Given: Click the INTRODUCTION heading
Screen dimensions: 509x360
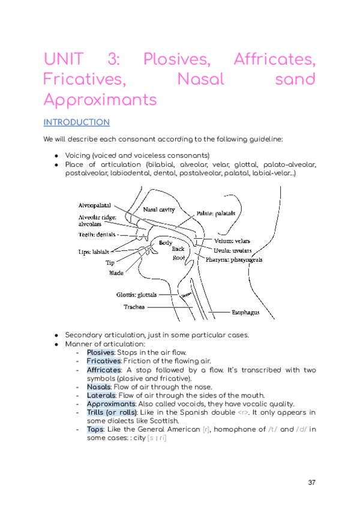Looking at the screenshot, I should (76, 122).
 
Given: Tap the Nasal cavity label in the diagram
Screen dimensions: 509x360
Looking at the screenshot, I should (158, 209).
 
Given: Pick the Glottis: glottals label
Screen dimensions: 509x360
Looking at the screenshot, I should (136, 295).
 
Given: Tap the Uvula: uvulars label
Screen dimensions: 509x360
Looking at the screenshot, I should (232, 250).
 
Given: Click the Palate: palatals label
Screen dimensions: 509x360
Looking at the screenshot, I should (216, 213).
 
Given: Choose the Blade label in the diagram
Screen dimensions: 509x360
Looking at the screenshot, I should (116, 273).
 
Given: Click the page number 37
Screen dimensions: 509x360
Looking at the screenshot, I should (311, 483).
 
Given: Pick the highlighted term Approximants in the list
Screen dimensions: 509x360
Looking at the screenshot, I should (111, 404).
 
